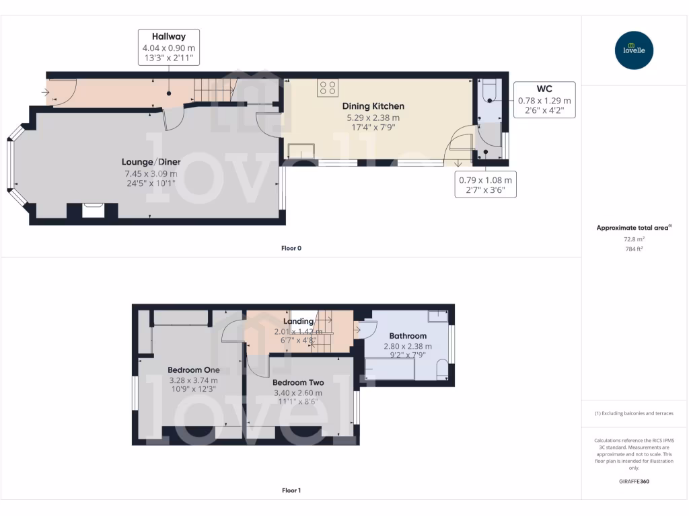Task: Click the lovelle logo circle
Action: click(x=634, y=50)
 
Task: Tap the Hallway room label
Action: click(x=168, y=36)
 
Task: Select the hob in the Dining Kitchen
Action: click(x=328, y=87)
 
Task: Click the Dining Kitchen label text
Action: click(x=373, y=106)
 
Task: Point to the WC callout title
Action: click(x=544, y=89)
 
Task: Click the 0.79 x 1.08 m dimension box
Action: click(x=485, y=185)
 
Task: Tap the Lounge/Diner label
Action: click(x=151, y=162)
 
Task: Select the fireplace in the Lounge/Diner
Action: click(x=92, y=210)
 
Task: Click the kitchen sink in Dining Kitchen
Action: click(x=299, y=150)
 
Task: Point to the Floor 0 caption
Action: click(x=291, y=248)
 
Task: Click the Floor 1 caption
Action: click(x=291, y=490)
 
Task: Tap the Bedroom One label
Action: click(x=194, y=370)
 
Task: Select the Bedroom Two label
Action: click(x=298, y=382)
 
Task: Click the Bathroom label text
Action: click(x=408, y=336)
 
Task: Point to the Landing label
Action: click(x=298, y=321)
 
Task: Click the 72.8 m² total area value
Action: click(x=633, y=239)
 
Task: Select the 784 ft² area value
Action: click(x=633, y=249)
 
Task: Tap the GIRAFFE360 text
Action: click(x=633, y=481)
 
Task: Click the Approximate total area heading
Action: click(x=633, y=228)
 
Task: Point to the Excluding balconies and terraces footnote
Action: click(x=633, y=413)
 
